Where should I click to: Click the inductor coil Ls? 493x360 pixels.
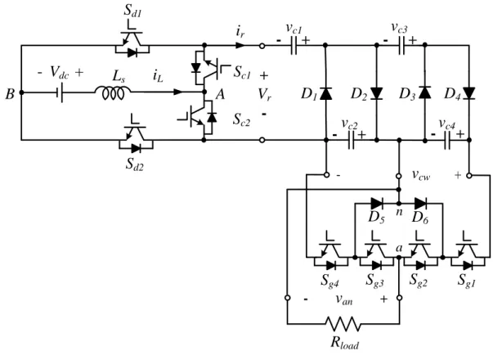pos(113,93)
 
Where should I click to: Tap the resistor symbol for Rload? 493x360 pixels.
pos(343,323)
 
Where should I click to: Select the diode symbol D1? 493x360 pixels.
pos(325,93)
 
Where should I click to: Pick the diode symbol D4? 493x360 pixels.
pos(468,93)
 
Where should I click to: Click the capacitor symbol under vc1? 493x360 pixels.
pos(294,46)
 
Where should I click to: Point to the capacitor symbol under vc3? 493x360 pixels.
pos(401,46)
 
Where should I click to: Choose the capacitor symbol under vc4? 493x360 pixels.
pos(447,141)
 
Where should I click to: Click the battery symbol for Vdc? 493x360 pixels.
pos(60,92)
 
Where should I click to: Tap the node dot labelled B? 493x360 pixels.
pos(21,92)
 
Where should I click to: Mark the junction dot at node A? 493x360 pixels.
pos(204,92)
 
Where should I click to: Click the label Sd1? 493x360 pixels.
pos(132,11)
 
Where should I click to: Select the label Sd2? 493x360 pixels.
pos(135,164)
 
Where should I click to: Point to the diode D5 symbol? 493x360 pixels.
pos(376,204)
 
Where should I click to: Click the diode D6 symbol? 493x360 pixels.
pos(420,204)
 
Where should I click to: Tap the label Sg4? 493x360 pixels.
pos(329,280)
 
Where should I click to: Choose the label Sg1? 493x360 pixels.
pos(467,280)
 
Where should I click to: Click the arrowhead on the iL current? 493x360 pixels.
pos(178,92)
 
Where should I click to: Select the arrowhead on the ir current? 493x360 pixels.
pos(240,46)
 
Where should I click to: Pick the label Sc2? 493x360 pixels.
pos(241,120)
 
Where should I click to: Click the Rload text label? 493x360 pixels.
pos(344,343)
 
